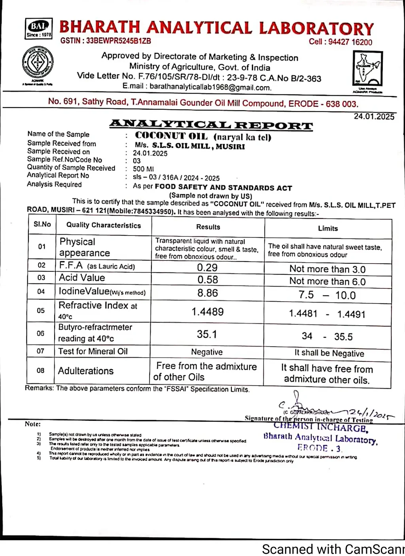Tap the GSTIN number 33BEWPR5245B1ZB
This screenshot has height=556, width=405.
point(118,41)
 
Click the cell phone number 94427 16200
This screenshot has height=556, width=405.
point(350,42)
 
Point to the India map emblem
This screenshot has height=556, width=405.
point(367,68)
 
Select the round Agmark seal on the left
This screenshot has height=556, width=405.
point(38,63)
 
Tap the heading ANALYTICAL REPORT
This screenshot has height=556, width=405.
point(211,125)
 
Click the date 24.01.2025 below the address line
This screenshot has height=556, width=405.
point(374,117)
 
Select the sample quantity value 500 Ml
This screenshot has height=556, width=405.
point(143,169)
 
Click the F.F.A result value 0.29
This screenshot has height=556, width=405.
point(207,268)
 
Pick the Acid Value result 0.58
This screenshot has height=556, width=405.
point(208,280)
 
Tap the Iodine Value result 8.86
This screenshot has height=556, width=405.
point(208,293)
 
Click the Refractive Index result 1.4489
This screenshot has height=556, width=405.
point(208,312)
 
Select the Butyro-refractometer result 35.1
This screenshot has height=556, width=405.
point(207,334)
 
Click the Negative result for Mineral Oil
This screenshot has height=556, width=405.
point(207,352)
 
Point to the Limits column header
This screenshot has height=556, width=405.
point(328,228)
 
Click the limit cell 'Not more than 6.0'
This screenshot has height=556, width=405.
point(327,282)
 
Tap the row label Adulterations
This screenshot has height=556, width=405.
point(86,371)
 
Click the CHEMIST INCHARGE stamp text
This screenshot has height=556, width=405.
point(321,428)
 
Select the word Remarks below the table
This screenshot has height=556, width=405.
point(39,388)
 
